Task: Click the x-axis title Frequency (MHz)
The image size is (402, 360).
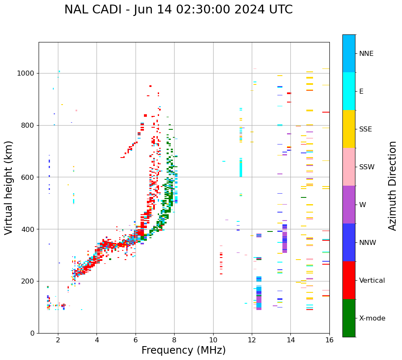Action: (183, 350)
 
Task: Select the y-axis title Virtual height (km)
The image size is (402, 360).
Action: (9, 187)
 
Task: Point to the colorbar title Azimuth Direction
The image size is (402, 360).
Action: (392, 186)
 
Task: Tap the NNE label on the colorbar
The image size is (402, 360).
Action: (366, 54)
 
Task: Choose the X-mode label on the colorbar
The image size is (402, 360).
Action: (372, 318)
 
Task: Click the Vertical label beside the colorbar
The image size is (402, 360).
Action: (372, 281)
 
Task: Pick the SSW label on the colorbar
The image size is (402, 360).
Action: (367, 167)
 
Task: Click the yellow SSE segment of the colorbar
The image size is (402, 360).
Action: (349, 129)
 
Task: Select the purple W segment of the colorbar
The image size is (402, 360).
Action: (349, 205)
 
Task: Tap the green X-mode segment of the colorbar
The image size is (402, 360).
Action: (349, 318)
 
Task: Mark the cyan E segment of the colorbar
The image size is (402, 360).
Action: (349, 91)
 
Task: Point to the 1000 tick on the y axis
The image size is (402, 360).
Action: (27, 74)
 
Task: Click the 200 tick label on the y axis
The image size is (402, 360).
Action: (29, 281)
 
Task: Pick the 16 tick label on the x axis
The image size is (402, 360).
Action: (329, 340)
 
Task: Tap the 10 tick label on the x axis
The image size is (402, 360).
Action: (213, 340)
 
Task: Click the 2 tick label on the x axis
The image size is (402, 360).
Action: (58, 340)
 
